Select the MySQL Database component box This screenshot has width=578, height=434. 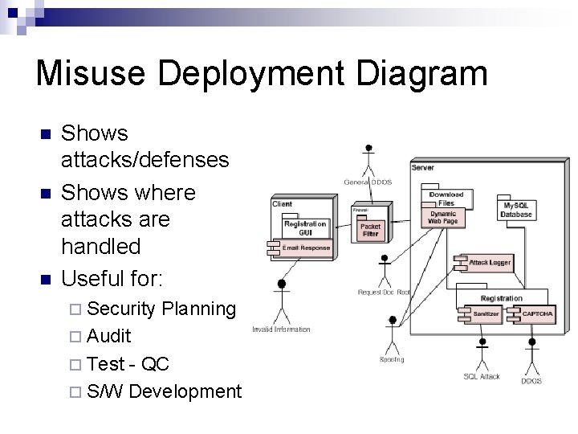[x=516, y=210]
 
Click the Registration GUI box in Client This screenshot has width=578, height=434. [x=305, y=227]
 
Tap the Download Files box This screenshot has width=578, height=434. [x=446, y=198]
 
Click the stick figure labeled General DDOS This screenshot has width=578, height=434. [x=368, y=160]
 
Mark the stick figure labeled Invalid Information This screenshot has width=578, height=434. [x=282, y=301]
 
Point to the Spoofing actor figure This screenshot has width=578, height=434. [x=391, y=334]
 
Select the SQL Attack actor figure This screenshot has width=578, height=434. [x=482, y=351]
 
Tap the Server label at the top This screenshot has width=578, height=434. [x=423, y=167]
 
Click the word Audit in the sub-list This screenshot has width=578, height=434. [x=109, y=336]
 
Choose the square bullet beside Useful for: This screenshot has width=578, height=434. [x=46, y=280]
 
